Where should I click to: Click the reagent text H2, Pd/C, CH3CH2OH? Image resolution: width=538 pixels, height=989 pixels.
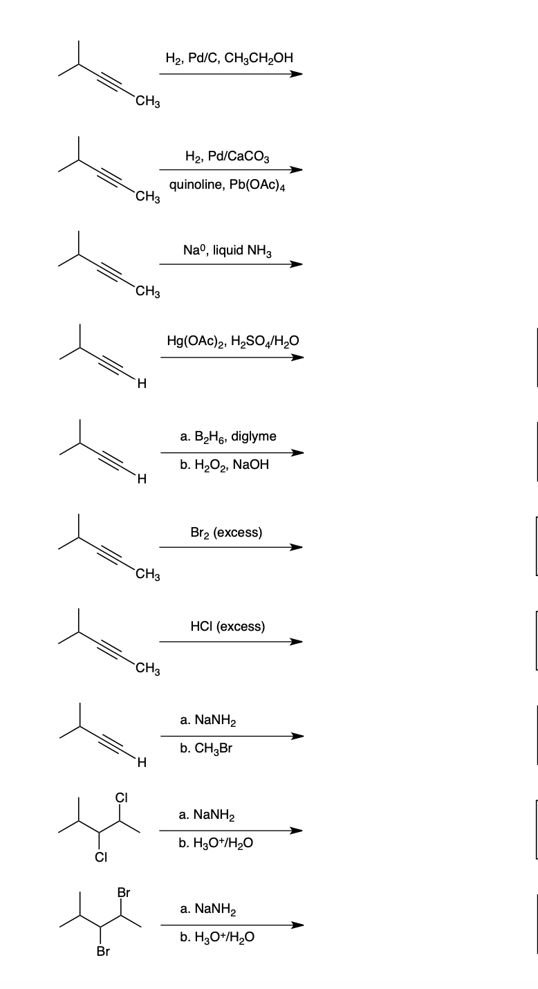(x=230, y=58)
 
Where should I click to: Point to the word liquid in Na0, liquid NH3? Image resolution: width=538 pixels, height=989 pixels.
(x=228, y=250)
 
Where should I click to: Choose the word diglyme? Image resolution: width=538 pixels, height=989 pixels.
(x=254, y=436)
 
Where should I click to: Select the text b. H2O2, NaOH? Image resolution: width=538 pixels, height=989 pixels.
(x=223, y=465)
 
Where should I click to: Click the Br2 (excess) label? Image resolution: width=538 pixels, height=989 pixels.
(x=225, y=533)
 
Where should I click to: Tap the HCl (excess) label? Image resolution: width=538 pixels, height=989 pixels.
(x=227, y=627)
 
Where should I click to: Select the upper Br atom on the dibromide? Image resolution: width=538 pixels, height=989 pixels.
(x=122, y=893)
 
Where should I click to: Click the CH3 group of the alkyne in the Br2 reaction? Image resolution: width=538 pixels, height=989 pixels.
(x=148, y=574)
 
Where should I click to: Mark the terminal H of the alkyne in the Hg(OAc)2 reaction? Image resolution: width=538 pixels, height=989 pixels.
(x=141, y=385)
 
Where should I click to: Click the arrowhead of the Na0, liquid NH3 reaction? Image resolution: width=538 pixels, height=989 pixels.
(x=296, y=264)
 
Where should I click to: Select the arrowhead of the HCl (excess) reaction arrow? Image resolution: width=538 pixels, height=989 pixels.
(x=296, y=641)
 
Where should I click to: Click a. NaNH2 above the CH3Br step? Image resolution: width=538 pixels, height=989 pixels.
(x=207, y=721)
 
